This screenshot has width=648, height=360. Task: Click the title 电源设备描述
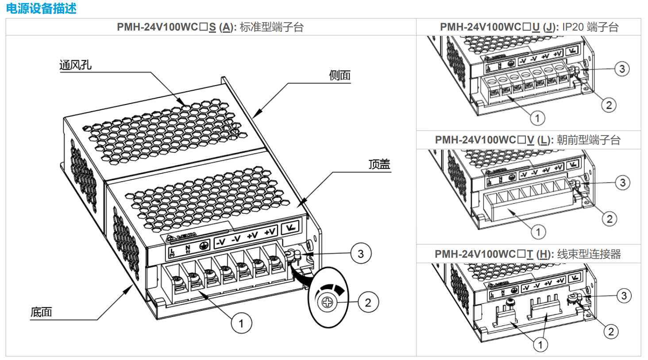point(41,8)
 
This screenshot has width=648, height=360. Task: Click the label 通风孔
point(75,65)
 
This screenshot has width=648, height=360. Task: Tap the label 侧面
point(339,75)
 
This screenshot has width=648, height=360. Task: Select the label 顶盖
point(379,164)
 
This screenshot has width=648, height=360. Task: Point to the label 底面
point(41,312)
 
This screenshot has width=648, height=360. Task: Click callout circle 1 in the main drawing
point(241,323)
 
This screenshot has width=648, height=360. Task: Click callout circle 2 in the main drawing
point(368,302)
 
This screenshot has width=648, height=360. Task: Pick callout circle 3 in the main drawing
point(361,254)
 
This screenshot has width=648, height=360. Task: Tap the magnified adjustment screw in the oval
point(328,302)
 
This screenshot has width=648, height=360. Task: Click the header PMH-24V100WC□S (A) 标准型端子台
point(210,27)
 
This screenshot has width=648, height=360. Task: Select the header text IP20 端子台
point(590,27)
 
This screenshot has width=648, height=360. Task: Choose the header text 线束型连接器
point(589,254)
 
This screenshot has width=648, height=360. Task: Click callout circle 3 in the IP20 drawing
point(622,69)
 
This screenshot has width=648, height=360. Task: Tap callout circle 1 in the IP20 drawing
point(537,118)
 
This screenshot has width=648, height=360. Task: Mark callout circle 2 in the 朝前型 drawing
point(609,219)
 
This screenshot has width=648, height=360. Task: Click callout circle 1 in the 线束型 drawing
point(540,345)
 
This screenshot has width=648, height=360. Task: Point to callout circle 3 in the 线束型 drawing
point(624,296)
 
